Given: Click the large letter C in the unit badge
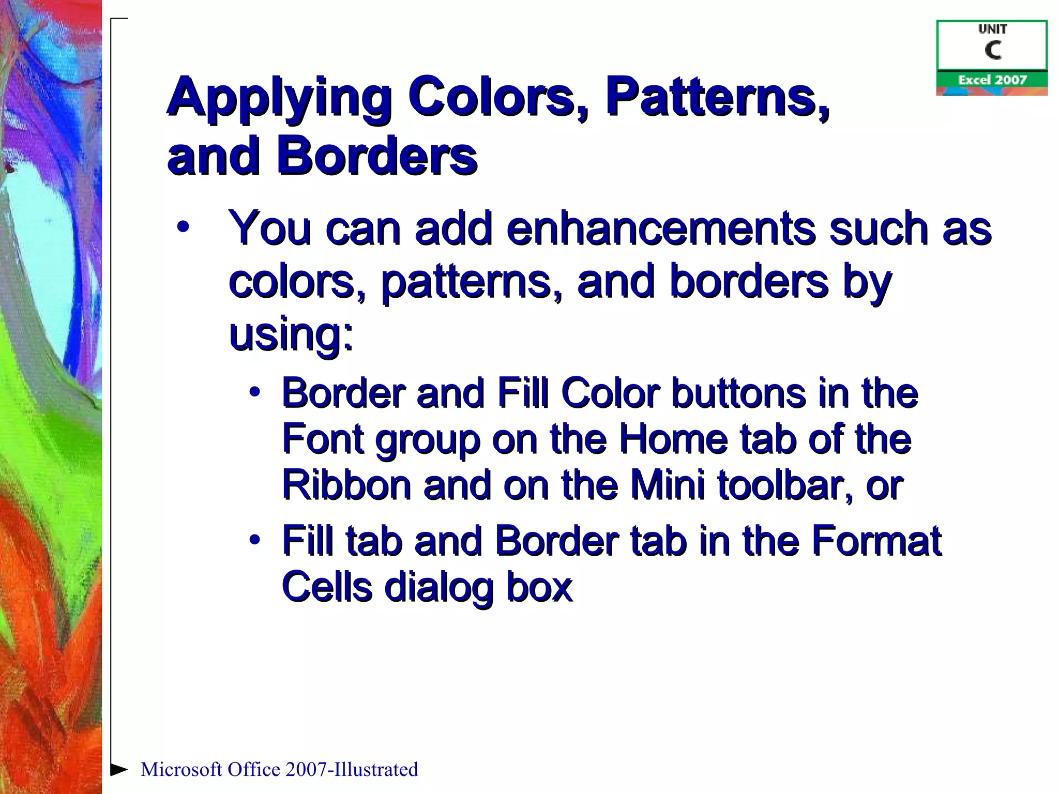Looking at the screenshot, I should [992, 51].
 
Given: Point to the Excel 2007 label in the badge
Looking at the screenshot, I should [992, 80].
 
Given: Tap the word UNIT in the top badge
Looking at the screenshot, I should [992, 29].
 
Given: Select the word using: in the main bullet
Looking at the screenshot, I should [291, 334].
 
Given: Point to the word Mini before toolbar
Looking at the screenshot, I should [668, 485].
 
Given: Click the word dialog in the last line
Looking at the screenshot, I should [439, 587].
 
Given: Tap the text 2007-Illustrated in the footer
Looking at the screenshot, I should [351, 770].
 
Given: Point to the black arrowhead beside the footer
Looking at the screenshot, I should [119, 769].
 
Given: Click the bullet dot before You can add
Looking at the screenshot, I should [183, 227].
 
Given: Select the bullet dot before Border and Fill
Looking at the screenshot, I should [254, 392].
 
